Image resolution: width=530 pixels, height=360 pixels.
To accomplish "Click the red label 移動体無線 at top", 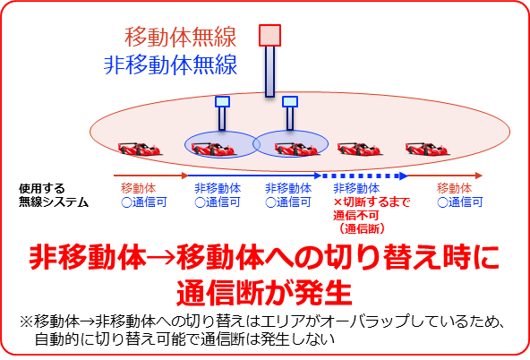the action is (x=180, y=37).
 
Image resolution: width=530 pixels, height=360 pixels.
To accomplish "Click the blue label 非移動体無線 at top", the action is (x=170, y=64).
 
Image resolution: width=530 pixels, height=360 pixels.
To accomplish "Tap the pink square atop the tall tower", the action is (x=269, y=35).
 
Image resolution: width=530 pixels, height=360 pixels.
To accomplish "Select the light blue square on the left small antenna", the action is (x=222, y=101).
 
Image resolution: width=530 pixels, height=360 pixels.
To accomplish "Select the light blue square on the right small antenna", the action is (x=290, y=101).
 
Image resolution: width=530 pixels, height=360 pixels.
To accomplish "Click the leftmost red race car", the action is (x=140, y=149).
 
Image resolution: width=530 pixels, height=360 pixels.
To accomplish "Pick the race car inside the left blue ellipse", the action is (x=213, y=149).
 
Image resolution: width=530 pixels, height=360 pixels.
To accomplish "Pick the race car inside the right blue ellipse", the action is (x=295, y=149).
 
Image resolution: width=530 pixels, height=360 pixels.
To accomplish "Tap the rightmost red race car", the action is (x=426, y=149).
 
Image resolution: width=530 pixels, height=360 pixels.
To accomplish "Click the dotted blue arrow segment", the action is (x=364, y=176).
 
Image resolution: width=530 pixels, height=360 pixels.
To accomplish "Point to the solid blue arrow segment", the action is (x=254, y=176).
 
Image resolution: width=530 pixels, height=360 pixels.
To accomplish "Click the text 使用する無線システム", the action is (x=54, y=195).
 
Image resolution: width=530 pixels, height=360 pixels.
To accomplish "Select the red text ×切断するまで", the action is (x=372, y=202).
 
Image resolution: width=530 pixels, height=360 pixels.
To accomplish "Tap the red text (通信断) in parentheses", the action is (x=363, y=229).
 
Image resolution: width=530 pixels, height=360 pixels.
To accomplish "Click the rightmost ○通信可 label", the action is (x=460, y=202).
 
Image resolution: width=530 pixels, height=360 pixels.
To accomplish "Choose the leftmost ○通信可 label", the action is (x=144, y=202).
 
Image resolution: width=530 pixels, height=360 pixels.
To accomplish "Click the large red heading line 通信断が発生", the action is (x=265, y=293).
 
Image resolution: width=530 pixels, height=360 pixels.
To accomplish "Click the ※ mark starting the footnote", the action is (x=26, y=321).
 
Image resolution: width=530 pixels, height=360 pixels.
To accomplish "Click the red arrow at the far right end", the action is (x=445, y=176).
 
